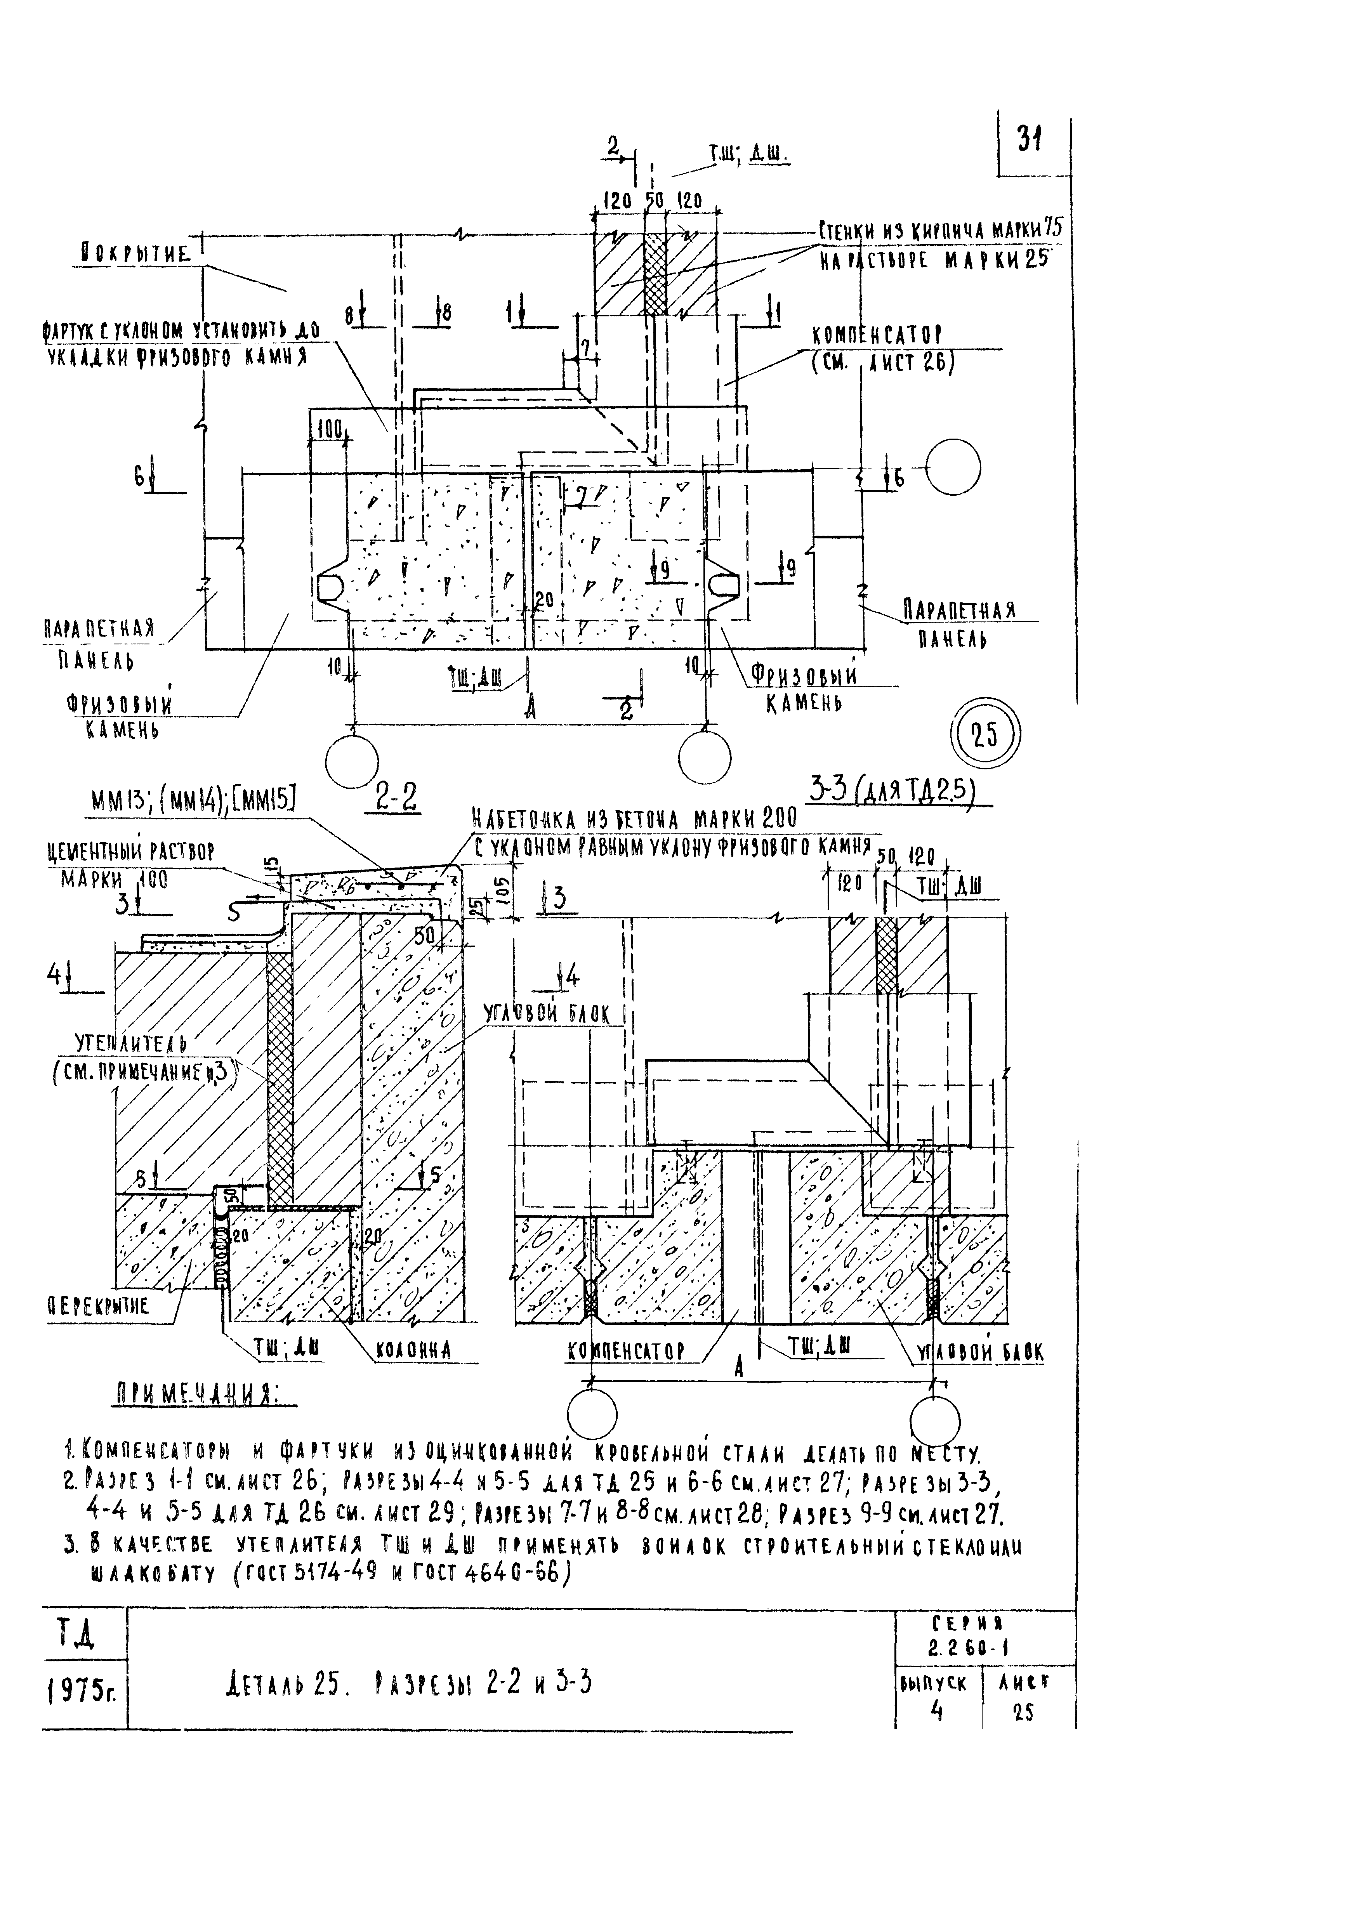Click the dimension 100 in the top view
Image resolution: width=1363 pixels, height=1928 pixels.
coord(329,431)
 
